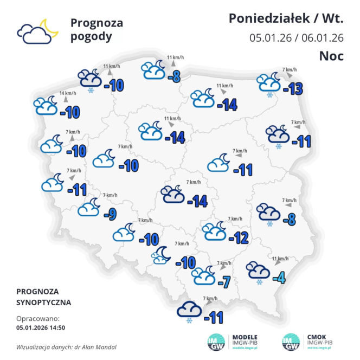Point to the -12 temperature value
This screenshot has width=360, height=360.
pyautogui.click(x=238, y=237)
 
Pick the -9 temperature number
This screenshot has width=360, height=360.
pyautogui.click(x=110, y=214)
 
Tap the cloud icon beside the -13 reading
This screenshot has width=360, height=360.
pyautogui.click(x=269, y=83)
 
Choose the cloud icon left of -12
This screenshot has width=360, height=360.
pyautogui.click(x=214, y=232)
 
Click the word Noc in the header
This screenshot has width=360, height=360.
pyautogui.click(x=331, y=56)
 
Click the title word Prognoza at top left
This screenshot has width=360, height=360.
pyautogui.click(x=97, y=23)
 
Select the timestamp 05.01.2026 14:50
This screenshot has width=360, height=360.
pyautogui.click(x=41, y=327)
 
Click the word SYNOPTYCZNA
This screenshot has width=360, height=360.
pyautogui.click(x=43, y=302)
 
